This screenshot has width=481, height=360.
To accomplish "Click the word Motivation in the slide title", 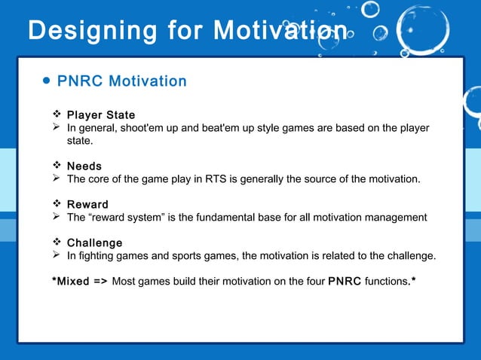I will click(281, 31).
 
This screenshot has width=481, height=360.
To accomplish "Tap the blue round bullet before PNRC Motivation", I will click(47, 81).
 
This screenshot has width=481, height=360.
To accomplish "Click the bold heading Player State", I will click(101, 115).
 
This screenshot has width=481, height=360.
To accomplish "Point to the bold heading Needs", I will click(84, 166).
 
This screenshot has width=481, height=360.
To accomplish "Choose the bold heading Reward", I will click(87, 204).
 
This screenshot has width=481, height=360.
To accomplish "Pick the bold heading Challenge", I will click(94, 243).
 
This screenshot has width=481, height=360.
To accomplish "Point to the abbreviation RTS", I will click(221, 179).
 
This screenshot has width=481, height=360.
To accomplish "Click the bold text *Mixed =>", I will click(79, 282).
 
